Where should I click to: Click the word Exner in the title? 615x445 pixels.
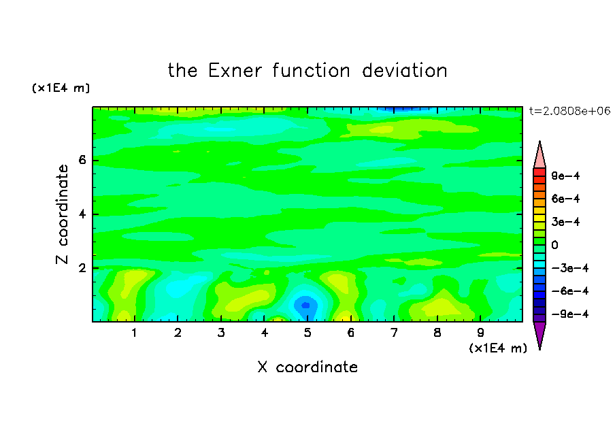[x=235, y=71]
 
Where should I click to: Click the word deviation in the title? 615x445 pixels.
[x=405, y=71]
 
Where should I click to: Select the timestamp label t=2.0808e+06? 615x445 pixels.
[x=569, y=111]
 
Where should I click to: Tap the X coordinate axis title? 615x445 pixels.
[x=307, y=367]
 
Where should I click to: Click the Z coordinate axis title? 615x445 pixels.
[x=62, y=214]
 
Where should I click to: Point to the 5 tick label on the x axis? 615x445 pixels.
[x=307, y=333]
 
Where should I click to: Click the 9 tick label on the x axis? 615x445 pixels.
[x=480, y=333]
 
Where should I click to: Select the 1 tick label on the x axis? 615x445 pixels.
[x=134, y=333]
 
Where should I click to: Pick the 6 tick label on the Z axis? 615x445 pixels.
[x=82, y=160]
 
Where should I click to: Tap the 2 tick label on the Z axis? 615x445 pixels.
[x=82, y=268]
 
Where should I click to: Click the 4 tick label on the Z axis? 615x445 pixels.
[x=82, y=214]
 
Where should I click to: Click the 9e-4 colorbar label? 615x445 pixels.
[x=565, y=176]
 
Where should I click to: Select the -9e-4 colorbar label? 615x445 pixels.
[x=570, y=314]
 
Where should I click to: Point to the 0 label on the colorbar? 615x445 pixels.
[x=554, y=245]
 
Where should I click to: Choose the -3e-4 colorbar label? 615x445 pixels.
[x=570, y=268]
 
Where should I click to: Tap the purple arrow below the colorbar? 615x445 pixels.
[x=539, y=333]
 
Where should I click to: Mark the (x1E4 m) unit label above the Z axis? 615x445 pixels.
[x=61, y=88]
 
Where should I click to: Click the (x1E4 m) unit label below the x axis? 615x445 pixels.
[x=498, y=348]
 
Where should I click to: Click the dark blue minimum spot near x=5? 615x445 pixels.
[x=306, y=305]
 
